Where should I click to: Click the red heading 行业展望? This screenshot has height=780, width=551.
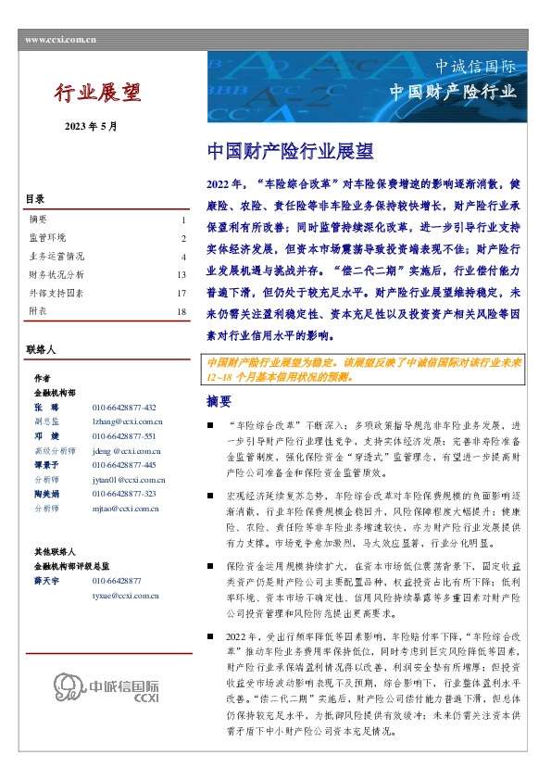[x=97, y=93]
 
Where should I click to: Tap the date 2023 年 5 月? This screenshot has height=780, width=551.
[x=91, y=126]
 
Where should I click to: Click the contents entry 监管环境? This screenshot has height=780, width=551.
[x=48, y=238]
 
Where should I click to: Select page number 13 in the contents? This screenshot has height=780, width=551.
[x=182, y=274]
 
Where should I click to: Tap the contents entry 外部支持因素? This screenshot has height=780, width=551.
[x=56, y=293]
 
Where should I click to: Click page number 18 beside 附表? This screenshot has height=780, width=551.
[x=182, y=311]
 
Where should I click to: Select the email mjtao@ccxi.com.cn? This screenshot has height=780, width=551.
[x=128, y=508]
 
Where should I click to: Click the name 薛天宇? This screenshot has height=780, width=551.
[x=44, y=580]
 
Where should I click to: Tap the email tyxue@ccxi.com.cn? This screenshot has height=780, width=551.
[x=128, y=595]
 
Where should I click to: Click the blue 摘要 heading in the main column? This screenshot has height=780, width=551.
[x=219, y=401]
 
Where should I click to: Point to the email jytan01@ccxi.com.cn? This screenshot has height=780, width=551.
[x=129, y=480]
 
